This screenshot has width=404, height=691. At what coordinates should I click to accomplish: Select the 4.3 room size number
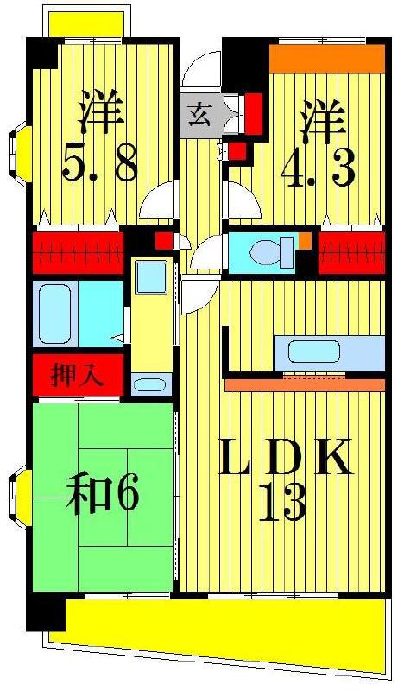[x=318, y=168]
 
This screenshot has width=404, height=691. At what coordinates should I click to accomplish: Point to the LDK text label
[x=285, y=456]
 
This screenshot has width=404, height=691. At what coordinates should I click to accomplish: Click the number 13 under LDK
[x=282, y=503]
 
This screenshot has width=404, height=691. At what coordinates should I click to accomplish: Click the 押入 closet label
[x=77, y=376]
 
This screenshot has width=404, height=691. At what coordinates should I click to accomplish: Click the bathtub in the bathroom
[x=54, y=314]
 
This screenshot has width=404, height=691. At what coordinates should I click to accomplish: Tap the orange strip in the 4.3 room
[x=327, y=58]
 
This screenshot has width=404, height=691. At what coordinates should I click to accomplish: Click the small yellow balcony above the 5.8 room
[x=86, y=24]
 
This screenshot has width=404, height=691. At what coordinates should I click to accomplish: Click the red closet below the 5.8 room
[x=78, y=253]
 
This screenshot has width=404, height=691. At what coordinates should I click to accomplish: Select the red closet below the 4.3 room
[x=351, y=253]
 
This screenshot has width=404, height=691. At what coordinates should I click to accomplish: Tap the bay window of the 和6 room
[x=21, y=498]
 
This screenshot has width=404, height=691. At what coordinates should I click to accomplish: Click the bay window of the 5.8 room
[x=21, y=155]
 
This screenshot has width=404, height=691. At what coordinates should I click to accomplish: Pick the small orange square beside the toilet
[x=305, y=240]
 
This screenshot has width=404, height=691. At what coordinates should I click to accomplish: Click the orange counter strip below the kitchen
[x=305, y=384]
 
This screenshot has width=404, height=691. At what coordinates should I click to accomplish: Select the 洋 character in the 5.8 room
[x=100, y=112]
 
